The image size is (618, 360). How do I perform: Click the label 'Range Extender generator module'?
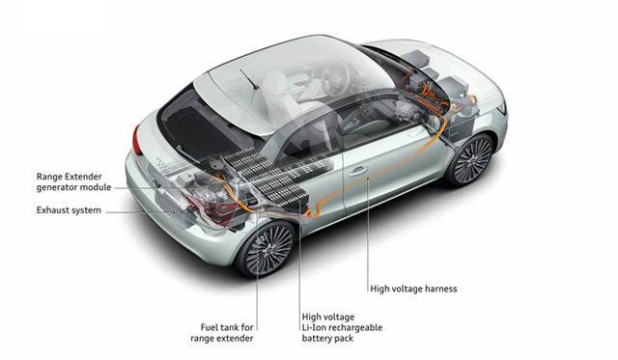[73, 182]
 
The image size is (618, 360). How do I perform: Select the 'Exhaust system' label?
[69, 210]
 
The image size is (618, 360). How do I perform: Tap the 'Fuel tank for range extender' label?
[222, 333]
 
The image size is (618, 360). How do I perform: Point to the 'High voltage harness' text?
[413, 289]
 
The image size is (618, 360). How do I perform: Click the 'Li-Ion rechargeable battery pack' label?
[342, 328]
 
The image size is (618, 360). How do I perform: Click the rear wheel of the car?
[267, 249]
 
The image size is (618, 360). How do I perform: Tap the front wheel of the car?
[470, 159]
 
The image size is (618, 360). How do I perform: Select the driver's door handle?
[358, 171]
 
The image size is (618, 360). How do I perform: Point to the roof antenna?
[249, 79]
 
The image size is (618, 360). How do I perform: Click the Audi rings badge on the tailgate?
[161, 163]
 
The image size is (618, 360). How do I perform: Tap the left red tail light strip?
[137, 139]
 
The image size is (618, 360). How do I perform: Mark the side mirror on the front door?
[433, 123]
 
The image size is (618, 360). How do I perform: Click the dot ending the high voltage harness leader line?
[367, 179]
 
